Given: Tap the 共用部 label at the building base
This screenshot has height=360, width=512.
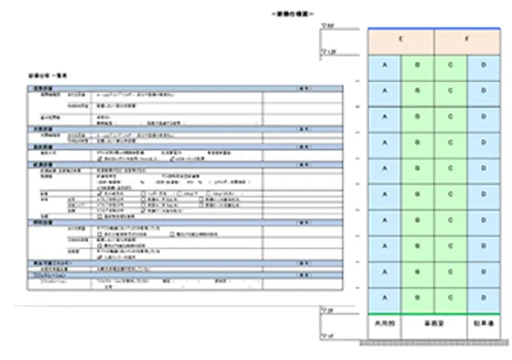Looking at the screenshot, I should point(384,324).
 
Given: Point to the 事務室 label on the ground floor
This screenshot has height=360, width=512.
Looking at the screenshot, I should point(434,324).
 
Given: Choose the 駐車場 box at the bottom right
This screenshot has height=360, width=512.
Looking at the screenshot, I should point(484,324).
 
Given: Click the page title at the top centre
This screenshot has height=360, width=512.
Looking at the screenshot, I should point(292,14).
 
